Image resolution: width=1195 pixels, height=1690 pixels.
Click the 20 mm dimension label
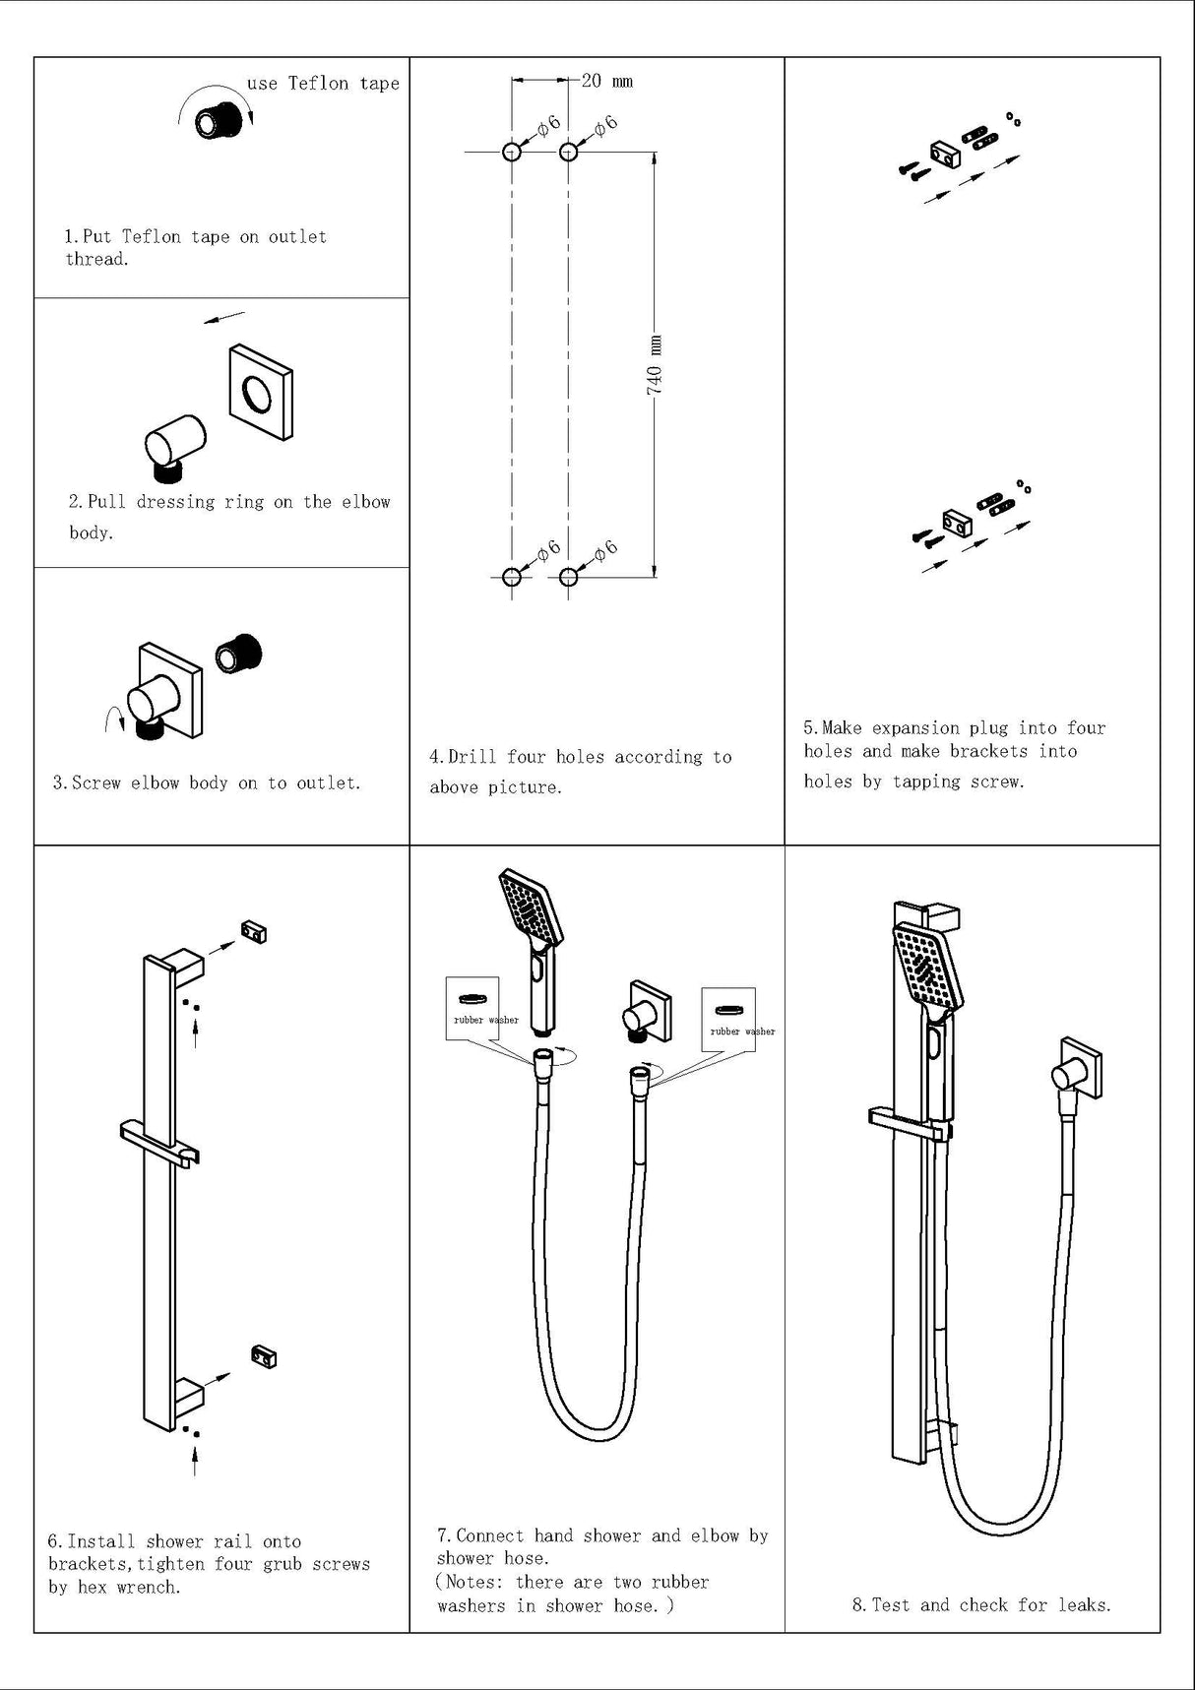pos(606,81)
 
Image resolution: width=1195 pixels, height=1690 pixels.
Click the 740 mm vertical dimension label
pos(655,365)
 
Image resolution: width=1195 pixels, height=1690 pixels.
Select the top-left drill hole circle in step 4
pos(512,152)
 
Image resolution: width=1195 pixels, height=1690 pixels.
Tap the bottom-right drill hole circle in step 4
pos(568,576)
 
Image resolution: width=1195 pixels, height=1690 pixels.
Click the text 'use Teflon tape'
pos(323,84)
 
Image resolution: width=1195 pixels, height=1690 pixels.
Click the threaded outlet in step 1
pos(219,120)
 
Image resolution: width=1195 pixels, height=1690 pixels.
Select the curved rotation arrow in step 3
pos(113,720)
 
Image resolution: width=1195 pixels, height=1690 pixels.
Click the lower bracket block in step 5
pos(956,522)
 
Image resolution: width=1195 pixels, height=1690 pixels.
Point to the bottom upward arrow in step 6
pos(195,1459)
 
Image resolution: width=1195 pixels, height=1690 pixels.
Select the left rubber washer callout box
pos(473,1009)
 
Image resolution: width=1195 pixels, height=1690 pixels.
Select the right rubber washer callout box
pos(729,1020)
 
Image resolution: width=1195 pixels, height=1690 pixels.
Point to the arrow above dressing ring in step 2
pos(224,317)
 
